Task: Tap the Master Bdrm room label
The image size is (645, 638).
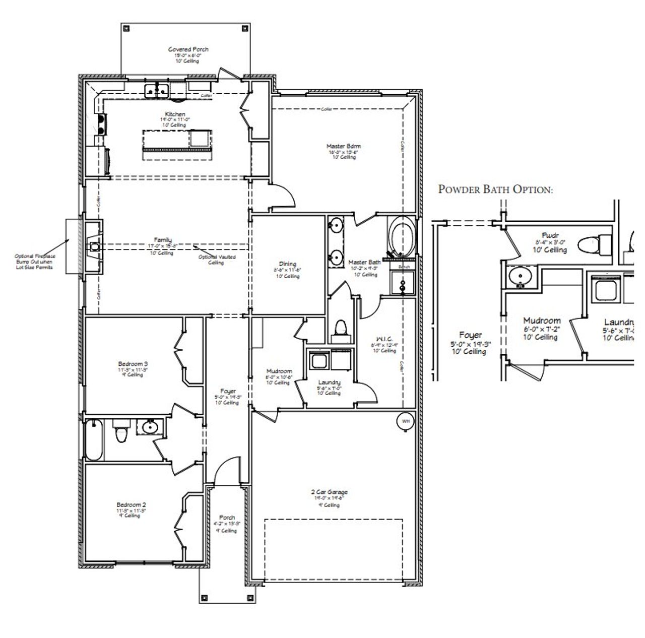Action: point(344,147)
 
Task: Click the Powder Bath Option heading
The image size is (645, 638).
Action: point(496,189)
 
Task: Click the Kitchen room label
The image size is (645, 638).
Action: point(175,114)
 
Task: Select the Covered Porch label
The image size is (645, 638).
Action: point(188,49)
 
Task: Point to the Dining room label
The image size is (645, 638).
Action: point(288,264)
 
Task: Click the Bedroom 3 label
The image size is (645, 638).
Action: point(133,364)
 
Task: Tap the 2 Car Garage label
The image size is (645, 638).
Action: point(329,492)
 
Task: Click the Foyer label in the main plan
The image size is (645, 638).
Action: point(228,391)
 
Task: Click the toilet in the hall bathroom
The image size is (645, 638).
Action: point(121,432)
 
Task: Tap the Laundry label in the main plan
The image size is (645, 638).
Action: point(329,382)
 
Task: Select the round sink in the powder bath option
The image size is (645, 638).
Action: point(519,277)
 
